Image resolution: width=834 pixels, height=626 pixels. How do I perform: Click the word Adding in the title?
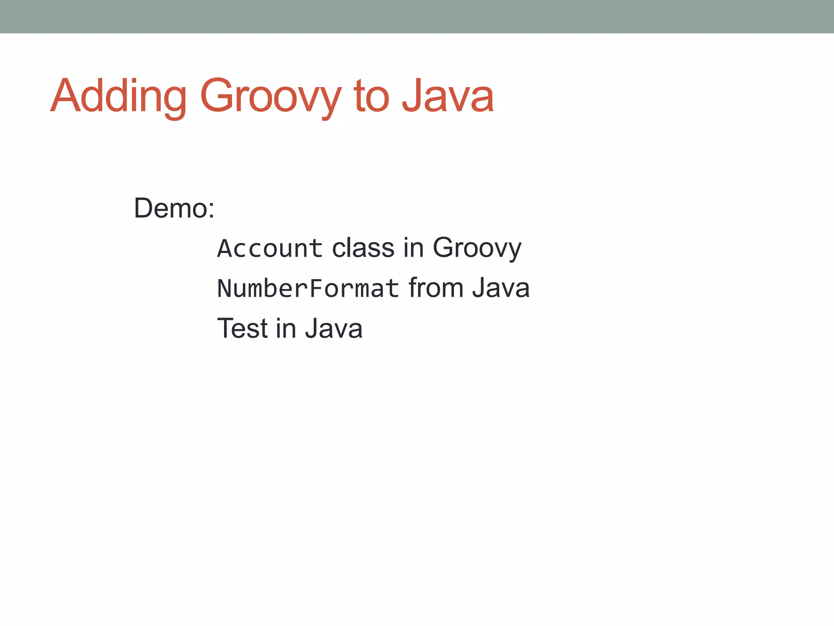tap(118, 97)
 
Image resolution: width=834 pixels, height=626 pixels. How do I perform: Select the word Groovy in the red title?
tap(270, 97)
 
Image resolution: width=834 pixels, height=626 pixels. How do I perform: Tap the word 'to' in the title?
tap(371, 97)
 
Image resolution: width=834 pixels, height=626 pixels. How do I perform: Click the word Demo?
tap(171, 208)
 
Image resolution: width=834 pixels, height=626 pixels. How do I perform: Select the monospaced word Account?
tap(270, 248)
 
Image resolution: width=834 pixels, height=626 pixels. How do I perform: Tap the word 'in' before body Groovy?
tap(413, 248)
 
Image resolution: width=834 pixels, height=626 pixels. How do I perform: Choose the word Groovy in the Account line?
tap(476, 248)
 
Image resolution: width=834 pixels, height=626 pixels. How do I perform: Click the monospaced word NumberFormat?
tap(308, 288)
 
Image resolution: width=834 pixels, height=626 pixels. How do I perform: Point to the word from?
tap(436, 288)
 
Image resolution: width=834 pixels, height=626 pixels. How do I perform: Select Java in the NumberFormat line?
tap(501, 288)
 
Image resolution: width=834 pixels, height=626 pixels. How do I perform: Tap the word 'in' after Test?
tap(285, 328)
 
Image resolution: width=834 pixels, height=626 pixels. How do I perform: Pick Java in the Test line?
tap(334, 328)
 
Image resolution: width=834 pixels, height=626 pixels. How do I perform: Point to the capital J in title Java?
tap(411, 96)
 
